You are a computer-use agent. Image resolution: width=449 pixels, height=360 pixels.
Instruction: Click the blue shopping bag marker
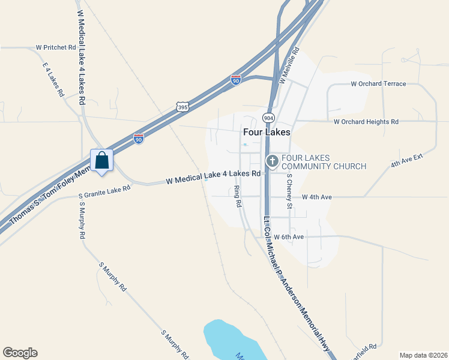tap(101, 160)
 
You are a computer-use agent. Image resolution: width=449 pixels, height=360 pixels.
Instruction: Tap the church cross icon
tap(272, 161)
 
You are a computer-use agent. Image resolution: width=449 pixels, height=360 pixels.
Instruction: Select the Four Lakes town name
tap(267, 132)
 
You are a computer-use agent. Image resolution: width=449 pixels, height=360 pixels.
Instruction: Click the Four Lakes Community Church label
tap(315, 161)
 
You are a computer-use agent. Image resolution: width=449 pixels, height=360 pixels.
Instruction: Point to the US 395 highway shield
tap(183, 107)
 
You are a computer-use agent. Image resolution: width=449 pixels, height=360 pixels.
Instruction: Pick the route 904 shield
tap(268, 118)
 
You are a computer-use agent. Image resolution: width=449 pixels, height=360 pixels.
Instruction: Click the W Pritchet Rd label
tap(56, 47)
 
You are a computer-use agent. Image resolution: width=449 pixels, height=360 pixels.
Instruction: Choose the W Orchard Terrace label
tap(378, 84)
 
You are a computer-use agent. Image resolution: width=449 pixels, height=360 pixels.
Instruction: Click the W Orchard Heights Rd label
tap(366, 122)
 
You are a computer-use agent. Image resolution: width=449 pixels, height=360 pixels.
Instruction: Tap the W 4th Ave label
tap(317, 197)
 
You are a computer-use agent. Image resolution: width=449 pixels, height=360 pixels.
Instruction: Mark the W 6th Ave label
tap(289, 237)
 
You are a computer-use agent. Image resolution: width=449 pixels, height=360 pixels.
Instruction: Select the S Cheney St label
tap(289, 191)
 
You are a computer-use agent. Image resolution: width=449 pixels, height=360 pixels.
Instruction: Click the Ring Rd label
tap(238, 196)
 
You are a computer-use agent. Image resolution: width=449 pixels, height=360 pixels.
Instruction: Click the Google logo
tap(20, 353)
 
